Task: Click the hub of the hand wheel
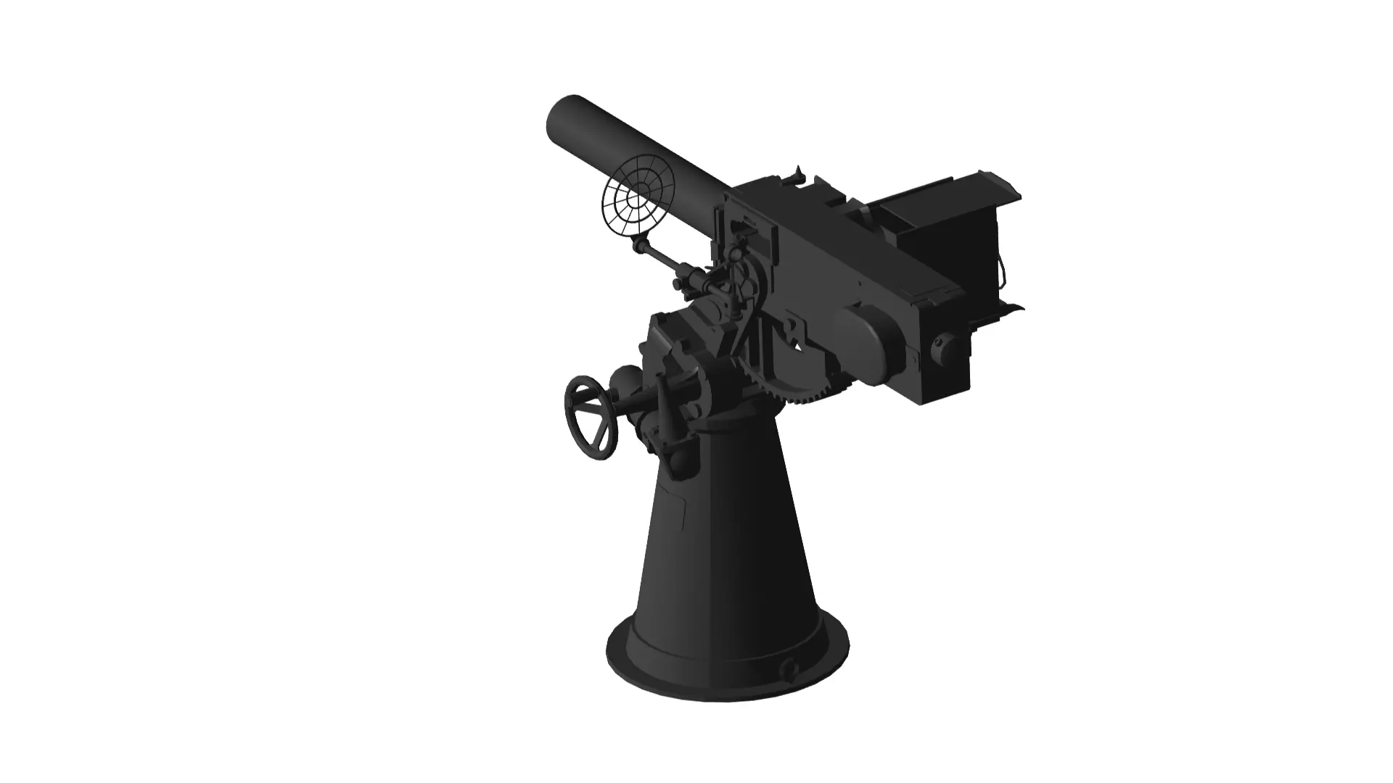pyautogui.click(x=591, y=418)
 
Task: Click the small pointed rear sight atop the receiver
pyautogui.click(x=799, y=174)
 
